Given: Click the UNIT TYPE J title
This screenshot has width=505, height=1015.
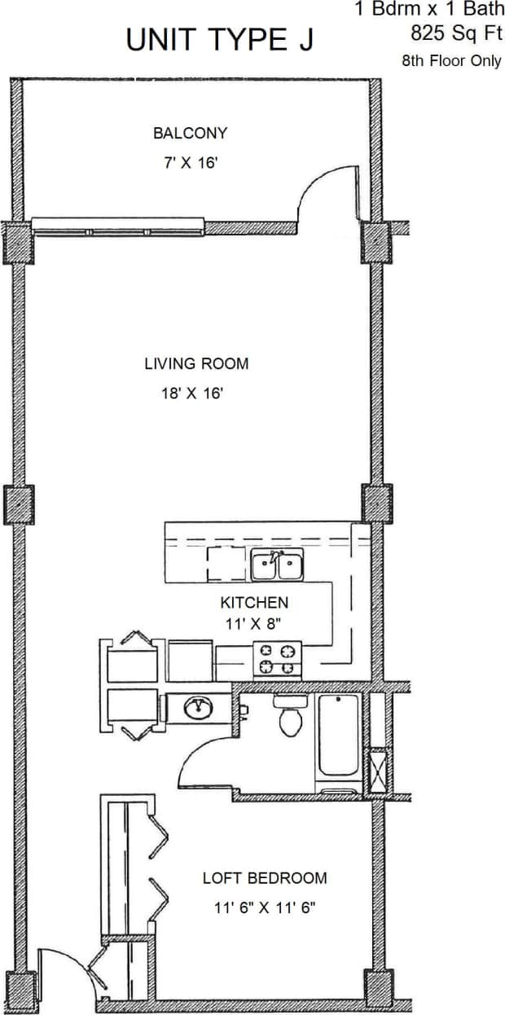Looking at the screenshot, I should tap(219, 40).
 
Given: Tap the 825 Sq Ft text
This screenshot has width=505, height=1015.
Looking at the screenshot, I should tap(457, 34).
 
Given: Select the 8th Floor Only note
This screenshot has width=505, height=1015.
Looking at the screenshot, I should tap(451, 61).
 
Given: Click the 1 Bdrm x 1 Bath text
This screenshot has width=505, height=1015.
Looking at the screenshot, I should tap(428, 11).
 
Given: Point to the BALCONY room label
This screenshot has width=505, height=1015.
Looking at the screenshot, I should tap(190, 133).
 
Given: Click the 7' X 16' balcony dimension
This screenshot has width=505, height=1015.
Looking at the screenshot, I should tap(190, 162).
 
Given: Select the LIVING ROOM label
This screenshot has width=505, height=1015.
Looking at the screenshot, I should tap(196, 363).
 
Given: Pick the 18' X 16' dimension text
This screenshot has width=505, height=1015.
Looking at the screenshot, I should tap(192, 393).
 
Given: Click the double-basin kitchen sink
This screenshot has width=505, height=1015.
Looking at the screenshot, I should tap(277, 565).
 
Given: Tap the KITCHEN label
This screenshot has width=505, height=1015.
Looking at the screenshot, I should tap(254, 603).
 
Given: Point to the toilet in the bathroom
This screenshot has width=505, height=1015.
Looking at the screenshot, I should tap(290, 716).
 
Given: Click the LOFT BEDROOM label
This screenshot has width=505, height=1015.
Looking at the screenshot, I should tap(265, 878).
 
